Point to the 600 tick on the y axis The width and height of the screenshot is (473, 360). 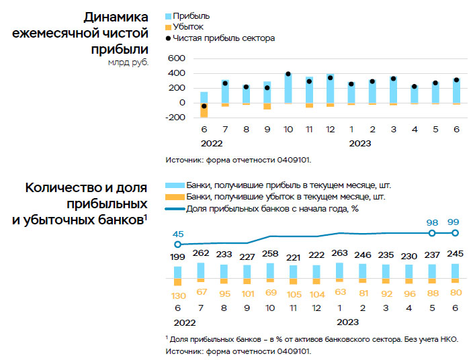click(176, 58)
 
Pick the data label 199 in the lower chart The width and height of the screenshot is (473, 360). click(178, 257)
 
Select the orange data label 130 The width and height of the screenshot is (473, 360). click(178, 296)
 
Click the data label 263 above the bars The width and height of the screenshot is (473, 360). click(339, 253)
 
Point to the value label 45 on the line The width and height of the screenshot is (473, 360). click(178, 234)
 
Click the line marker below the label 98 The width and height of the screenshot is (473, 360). click(432, 233)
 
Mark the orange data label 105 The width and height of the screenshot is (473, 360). click(293, 294)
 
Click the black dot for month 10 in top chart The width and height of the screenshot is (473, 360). click(288, 74)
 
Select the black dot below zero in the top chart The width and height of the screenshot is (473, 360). click(204, 106)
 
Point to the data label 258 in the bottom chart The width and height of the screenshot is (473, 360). click(270, 253)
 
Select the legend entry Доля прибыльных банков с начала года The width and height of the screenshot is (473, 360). click(269, 210)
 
